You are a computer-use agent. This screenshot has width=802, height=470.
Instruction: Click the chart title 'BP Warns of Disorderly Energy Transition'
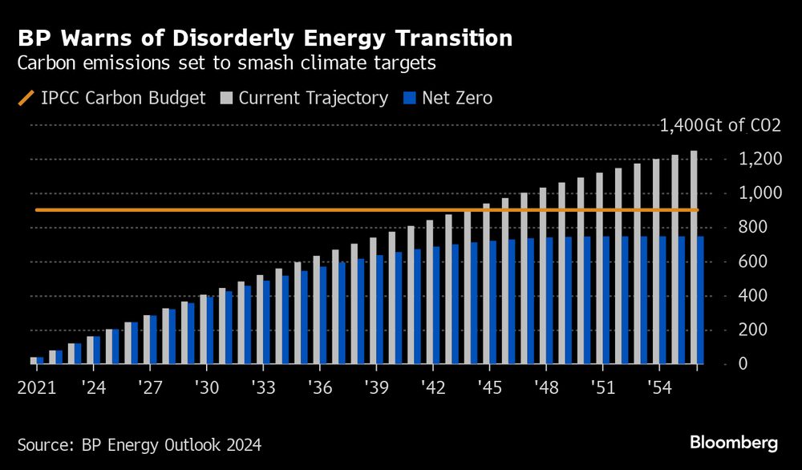click(x=265, y=38)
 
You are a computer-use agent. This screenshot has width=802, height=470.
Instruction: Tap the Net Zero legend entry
click(x=449, y=99)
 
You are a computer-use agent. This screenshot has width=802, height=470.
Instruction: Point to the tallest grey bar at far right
click(x=694, y=257)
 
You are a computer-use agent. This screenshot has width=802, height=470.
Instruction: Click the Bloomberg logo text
click(x=733, y=442)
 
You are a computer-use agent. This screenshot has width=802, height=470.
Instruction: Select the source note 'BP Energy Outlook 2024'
click(x=139, y=444)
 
